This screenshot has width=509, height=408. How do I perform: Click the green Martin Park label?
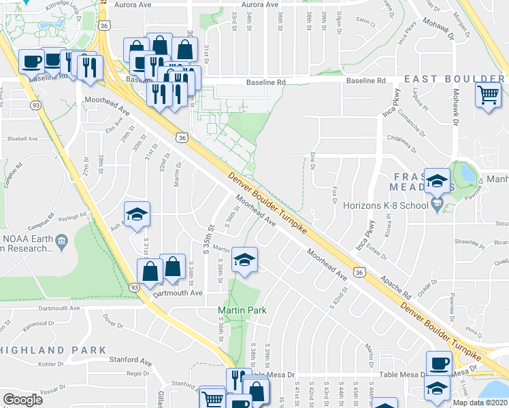coord(242,311)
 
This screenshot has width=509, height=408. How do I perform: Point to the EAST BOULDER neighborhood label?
coord(454,79)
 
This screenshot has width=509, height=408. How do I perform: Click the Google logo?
coord(23,399)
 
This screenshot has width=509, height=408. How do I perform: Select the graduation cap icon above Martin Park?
coord(244,260)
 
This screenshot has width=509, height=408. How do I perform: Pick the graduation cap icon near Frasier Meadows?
coord(437,181)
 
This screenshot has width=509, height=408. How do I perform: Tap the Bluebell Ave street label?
coord(22,139)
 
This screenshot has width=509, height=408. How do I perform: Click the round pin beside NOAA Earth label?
coord(61,239)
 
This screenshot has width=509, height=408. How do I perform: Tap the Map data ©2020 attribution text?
coord(481,403)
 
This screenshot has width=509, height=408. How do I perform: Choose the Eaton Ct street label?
coord(365,23)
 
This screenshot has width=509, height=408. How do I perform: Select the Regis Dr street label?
coord(138,373)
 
